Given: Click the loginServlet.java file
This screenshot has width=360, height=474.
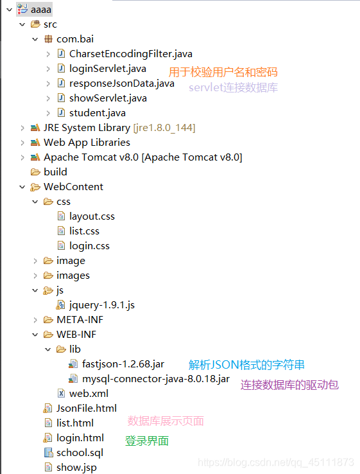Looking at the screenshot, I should coord(107,69).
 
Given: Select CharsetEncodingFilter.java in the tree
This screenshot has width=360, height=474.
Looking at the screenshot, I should coord(130,54).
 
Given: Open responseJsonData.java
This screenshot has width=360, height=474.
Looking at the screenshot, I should coord(121,83).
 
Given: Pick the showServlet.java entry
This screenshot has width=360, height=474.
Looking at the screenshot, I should coord(108,98).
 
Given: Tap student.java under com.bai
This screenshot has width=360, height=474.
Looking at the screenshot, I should coord(97,113).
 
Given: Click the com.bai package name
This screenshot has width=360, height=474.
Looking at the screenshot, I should coord(75,39).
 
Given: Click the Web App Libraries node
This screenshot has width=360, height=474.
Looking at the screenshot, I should coord(87,143).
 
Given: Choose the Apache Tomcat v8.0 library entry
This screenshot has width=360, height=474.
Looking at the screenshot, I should coord(142,157).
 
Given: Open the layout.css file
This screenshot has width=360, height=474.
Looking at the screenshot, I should coord(92,216).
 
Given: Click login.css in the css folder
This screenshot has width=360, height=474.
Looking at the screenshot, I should coord(89,246).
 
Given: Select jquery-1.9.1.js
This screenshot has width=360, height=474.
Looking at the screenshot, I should coord(101,305).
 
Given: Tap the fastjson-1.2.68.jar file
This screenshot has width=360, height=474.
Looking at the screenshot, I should coord(123,364).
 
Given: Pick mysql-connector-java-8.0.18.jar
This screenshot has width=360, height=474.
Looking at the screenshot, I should coord(156,379).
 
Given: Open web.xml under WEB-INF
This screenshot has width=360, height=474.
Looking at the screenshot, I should coord(89,394).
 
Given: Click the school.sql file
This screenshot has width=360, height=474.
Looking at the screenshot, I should coord(80,453).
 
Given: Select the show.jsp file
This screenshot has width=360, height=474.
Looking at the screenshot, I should coord(76,468).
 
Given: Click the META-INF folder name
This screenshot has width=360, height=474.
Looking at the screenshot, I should coord(80,320).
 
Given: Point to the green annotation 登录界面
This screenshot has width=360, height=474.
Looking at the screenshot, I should coord(147,441).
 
